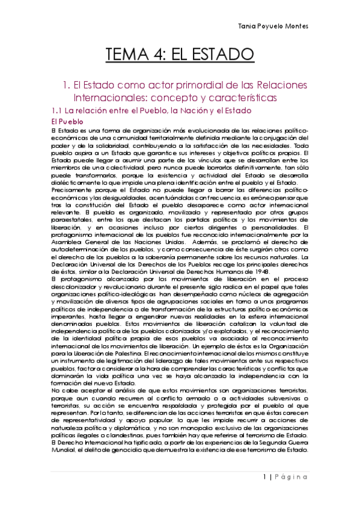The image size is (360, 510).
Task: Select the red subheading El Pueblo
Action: pyautogui.click(x=67, y=121)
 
